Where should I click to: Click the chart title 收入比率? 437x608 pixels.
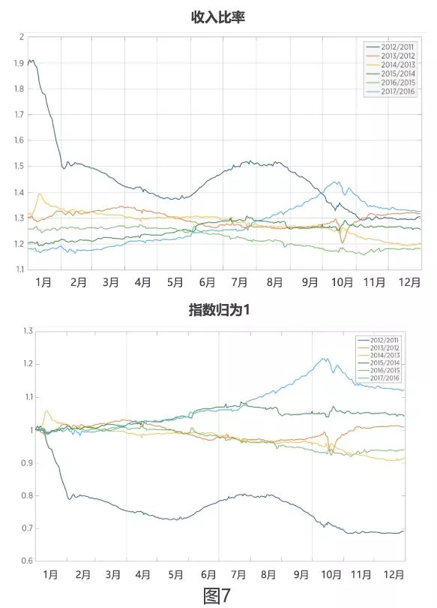click(218, 16)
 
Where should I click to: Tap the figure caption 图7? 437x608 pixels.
click(217, 594)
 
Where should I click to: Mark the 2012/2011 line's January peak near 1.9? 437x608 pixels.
click(31, 61)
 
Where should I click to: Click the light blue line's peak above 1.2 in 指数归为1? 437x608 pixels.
click(325, 358)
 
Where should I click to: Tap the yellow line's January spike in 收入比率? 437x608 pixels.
click(40, 194)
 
